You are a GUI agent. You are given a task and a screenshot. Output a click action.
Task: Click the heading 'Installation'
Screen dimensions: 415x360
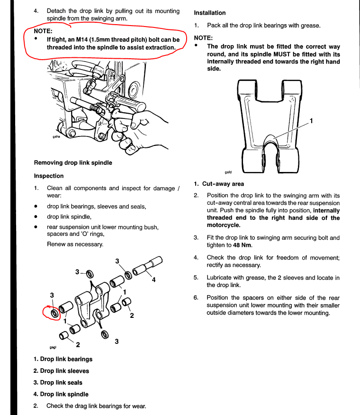click(209, 13)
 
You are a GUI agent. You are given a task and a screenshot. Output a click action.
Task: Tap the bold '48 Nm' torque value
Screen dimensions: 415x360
click(242, 245)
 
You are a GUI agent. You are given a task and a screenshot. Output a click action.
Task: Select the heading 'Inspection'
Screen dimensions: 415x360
click(49, 176)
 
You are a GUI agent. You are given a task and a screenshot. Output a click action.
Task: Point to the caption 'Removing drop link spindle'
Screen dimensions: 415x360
click(73, 162)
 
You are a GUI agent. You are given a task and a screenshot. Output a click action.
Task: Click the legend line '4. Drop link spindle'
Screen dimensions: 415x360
click(61, 394)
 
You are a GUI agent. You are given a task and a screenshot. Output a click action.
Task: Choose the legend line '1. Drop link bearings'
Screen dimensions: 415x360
click(63, 359)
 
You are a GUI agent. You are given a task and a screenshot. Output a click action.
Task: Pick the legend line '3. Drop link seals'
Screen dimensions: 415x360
click(58, 382)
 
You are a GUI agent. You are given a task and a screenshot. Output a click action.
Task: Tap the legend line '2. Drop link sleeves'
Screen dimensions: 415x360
click(61, 371)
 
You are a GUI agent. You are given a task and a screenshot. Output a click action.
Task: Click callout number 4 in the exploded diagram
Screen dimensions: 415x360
click(153, 280)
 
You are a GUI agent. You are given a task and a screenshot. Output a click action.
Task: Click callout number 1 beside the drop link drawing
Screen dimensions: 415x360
click(311, 121)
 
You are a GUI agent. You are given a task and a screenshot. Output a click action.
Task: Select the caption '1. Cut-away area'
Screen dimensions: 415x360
click(219, 184)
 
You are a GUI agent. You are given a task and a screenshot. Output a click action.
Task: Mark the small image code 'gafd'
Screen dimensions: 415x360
click(229, 173)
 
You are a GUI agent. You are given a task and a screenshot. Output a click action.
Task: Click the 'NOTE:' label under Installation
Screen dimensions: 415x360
click(203, 37)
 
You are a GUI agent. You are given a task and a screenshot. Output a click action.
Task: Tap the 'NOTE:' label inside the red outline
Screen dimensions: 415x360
click(43, 31)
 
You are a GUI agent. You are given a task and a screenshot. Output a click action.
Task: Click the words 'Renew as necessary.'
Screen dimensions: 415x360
click(75, 244)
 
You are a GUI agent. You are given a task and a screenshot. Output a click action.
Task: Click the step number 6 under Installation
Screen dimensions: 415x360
click(196, 298)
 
